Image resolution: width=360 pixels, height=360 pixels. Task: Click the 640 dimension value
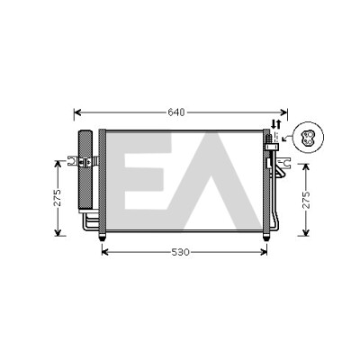176,112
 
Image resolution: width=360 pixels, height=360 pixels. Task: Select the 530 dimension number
181,252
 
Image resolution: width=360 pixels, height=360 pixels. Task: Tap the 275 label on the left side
57,198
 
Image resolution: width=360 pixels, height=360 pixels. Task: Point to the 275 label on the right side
305,200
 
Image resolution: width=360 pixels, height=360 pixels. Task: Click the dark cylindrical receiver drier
85,171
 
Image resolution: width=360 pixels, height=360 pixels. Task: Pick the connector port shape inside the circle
308,138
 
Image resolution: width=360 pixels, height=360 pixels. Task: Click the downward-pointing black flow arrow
274,123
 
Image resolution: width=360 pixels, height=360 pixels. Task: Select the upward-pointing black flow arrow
278,123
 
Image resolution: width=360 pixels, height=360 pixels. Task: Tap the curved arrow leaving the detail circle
287,139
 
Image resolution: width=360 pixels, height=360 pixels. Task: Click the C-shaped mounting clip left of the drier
71,161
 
